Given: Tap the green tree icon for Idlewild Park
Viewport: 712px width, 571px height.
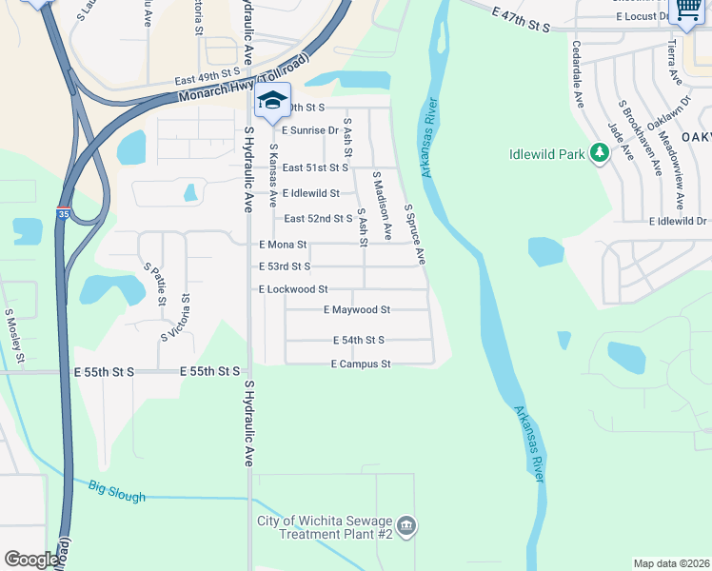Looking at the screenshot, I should point(600,152).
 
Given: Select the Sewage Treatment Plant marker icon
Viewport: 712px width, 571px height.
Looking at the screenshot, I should point(406,525).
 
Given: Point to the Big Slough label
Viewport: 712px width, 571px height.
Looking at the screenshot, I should point(117,492).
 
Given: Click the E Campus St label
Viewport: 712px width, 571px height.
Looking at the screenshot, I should point(361,364).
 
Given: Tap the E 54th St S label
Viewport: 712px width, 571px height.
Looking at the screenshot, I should point(359,340).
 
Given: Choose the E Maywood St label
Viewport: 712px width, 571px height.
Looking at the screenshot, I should point(357,309).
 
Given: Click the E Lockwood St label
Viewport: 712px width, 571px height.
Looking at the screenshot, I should point(293,288).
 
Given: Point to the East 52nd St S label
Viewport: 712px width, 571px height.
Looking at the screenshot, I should point(319,219).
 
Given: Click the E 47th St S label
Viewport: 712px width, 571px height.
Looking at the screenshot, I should point(522,21).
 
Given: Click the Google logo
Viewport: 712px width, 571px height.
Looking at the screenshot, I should point(31,560).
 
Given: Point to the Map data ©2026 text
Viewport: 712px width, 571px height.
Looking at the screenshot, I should point(671,563).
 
